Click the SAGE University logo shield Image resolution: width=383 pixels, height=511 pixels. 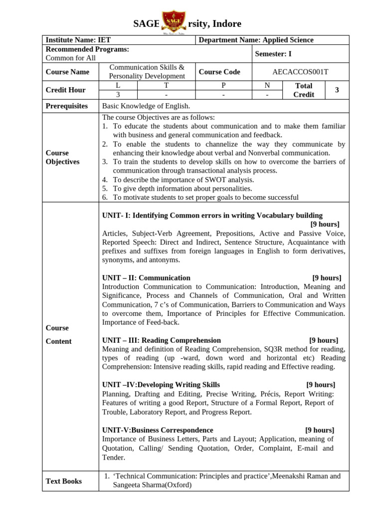[175, 23]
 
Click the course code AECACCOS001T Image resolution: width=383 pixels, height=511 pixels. [300, 72]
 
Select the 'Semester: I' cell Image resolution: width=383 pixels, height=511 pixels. [273, 54]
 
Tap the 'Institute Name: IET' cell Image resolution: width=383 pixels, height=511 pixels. [78, 40]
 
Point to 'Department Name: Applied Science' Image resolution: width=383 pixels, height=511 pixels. [256, 40]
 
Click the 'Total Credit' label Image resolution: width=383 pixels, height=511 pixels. [303, 90]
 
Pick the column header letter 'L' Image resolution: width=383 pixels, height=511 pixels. [118, 85]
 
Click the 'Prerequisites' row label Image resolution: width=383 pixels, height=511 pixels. [67, 106]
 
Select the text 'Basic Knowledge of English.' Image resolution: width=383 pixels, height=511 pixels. [146, 106]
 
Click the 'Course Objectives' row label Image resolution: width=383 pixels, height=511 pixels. [62, 157]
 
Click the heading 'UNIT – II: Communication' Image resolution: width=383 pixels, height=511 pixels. [146, 277]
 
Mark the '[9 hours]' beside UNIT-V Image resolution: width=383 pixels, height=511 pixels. [320, 430]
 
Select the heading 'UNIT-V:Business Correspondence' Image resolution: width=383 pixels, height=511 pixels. [158, 430]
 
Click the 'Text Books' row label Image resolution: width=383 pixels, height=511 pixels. [64, 481]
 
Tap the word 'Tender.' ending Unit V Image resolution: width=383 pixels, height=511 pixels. [114, 457]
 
